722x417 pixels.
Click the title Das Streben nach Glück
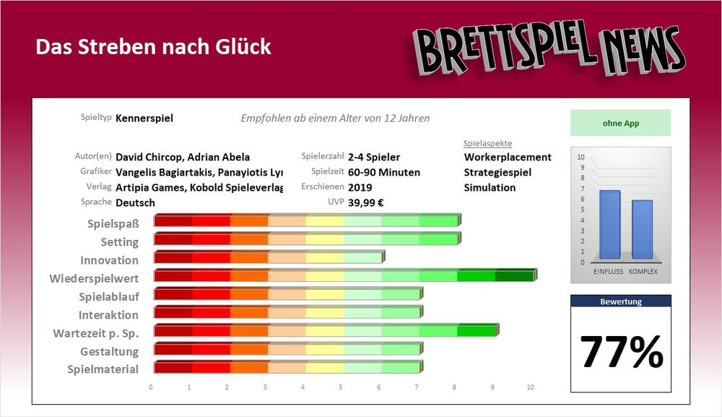coord(153,47)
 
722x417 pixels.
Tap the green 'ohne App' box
coord(620,123)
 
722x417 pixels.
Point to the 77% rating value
coord(621,352)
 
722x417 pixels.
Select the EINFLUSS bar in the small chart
coord(610,224)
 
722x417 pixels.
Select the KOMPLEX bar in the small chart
coord(642,229)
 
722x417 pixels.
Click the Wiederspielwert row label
coord(94,278)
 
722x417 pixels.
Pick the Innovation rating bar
coord(269,257)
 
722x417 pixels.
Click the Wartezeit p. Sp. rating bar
coord(325,332)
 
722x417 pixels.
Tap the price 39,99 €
coord(365,202)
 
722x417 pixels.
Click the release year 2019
coord(360,187)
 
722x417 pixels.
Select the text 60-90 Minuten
coord(383,172)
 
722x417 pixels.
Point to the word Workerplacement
coord(508,157)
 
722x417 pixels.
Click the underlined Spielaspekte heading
coord(487,143)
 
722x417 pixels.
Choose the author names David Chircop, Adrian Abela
coord(183,157)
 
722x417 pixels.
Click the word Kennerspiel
coord(144,118)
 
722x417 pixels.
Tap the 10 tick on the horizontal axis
coord(530,387)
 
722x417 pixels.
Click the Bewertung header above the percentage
coord(621,301)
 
